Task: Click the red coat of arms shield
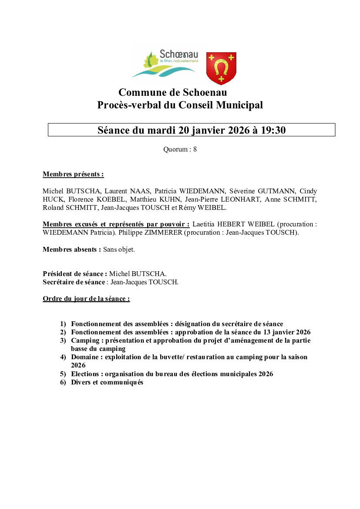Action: pos(221,67)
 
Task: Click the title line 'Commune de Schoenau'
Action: pos(172,92)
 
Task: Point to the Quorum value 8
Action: pos(195,149)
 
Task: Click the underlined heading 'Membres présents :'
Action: pos(73,175)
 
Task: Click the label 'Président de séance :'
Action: pos(75,274)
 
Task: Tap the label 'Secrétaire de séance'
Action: pos(74,282)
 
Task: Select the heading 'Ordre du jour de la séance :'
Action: pos(86,299)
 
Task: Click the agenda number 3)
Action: pos(63,340)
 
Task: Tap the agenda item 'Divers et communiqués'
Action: pos(107,382)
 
